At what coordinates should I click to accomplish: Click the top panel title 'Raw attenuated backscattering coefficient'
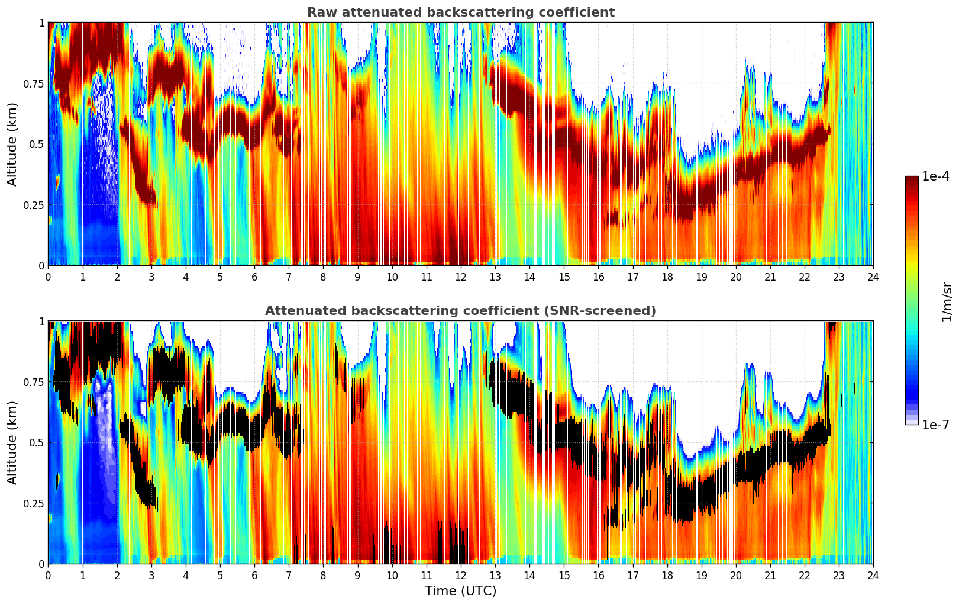460,12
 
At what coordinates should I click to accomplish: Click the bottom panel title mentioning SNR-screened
460,311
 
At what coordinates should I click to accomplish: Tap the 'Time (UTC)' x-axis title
460,591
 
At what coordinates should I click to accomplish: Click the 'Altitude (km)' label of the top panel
12,144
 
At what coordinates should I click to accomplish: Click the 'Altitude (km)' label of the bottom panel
12,442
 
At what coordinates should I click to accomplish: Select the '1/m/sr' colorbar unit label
947,301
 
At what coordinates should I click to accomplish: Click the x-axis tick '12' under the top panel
460,277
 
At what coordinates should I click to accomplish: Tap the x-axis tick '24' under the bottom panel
873,575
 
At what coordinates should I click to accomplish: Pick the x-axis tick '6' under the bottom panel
254,575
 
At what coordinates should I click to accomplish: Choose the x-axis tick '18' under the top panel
667,277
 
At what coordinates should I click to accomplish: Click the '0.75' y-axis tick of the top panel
33,83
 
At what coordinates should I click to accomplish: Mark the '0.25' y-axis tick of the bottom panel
33,503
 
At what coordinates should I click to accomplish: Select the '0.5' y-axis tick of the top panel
37,144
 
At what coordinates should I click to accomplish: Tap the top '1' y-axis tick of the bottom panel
41,322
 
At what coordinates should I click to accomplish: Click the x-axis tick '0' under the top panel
48,277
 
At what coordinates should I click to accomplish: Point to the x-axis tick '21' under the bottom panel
770,575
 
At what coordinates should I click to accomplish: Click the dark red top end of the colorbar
911,179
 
